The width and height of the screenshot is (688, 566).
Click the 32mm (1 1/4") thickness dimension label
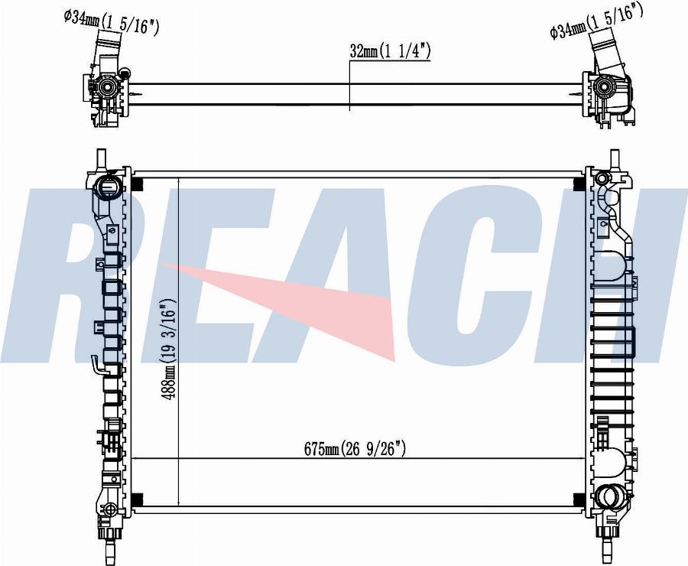pos(390,51)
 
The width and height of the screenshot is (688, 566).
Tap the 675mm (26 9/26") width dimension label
pos(355,449)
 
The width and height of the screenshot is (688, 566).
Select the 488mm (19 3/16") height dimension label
pos(168,349)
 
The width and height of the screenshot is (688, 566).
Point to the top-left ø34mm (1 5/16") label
pos(111,22)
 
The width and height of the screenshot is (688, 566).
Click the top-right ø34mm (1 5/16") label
pos(596,21)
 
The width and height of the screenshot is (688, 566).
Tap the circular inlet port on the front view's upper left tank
pos(108,187)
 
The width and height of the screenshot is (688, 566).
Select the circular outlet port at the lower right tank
pos(609,497)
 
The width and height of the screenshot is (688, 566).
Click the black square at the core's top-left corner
pos(138,184)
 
